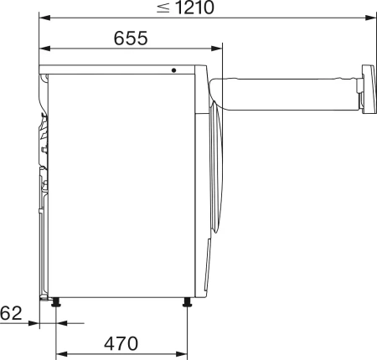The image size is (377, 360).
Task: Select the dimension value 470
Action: (x=121, y=342)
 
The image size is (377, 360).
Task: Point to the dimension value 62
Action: (x=10, y=314)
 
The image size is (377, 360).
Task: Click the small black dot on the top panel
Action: (x=175, y=71)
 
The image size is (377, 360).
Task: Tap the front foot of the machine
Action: (x=187, y=302)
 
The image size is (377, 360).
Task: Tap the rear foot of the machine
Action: (x=56, y=302)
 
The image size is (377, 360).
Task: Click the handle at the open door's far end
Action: (x=366, y=89)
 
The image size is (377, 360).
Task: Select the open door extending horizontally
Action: (x=285, y=91)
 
